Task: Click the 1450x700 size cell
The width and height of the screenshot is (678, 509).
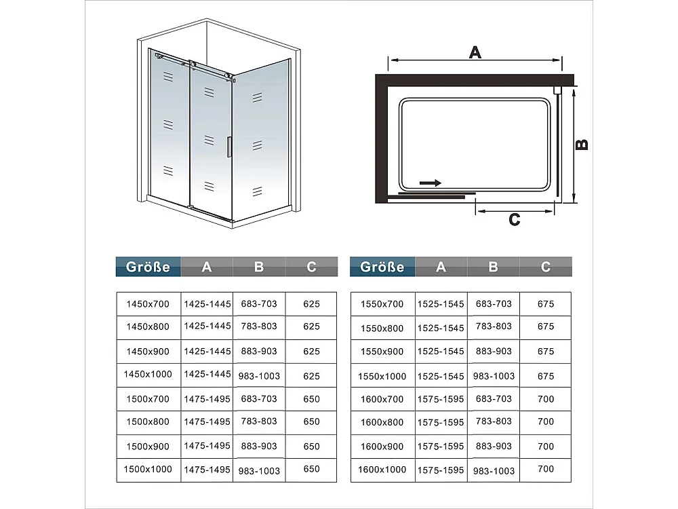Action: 148,304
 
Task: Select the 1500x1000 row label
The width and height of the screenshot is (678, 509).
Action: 148,469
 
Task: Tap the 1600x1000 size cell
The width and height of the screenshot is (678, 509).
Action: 383,469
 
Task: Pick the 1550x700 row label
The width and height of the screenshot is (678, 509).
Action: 383,304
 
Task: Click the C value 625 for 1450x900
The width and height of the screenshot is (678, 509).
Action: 311,352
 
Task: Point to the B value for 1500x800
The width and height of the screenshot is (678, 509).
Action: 259,421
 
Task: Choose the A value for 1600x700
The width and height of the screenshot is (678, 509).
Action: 441,399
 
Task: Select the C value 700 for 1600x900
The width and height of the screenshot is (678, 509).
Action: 545,446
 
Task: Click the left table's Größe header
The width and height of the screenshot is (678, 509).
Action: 148,267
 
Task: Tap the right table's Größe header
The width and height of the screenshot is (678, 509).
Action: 382,267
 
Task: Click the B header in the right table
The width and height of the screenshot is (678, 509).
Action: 493,267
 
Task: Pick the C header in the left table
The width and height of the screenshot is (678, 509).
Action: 311,267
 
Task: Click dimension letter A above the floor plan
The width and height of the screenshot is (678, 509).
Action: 475,52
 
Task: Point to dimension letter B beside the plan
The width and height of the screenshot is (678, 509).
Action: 582,145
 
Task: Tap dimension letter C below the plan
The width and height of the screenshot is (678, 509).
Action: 515,220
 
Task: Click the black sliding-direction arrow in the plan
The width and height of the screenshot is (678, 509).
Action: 430,183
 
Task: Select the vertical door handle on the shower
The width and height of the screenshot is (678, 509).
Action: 229,148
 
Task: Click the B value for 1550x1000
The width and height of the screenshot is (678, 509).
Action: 494,376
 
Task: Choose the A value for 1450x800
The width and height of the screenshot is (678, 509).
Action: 207,326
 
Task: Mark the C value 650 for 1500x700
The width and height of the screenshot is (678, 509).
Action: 311,399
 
